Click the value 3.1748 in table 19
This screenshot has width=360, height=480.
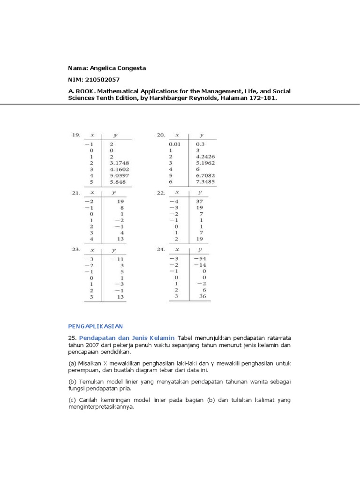tap(120, 163)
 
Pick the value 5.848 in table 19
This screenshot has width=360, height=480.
tap(118, 181)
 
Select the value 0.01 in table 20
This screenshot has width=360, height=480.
tap(174, 145)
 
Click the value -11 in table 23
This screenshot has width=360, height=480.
tap(118, 259)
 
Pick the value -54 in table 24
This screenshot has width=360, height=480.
tap(202, 259)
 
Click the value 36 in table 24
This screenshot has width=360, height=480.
tap(203, 296)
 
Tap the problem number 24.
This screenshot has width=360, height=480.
tap(160, 250)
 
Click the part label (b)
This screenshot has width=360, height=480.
tap(73, 382)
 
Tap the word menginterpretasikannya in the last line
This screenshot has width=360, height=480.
tap(101, 407)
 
